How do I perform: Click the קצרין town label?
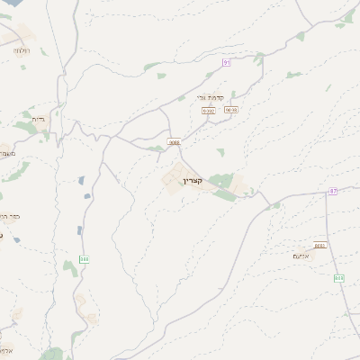click(x=193, y=182)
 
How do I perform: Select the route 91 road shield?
click(x=227, y=62)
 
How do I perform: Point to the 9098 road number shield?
click(x=231, y=110)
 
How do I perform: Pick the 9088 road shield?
click(x=174, y=141)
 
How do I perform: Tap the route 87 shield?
click(x=333, y=192)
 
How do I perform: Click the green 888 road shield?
click(x=84, y=258)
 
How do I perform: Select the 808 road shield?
click(x=339, y=278)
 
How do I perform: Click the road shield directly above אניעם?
click(x=320, y=246)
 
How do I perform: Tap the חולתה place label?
click(x=20, y=50)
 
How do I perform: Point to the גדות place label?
click(x=39, y=119)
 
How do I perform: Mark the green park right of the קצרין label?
click(x=221, y=182)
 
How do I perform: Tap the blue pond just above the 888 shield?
click(x=80, y=230)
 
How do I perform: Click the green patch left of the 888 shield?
click(x=68, y=266)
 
